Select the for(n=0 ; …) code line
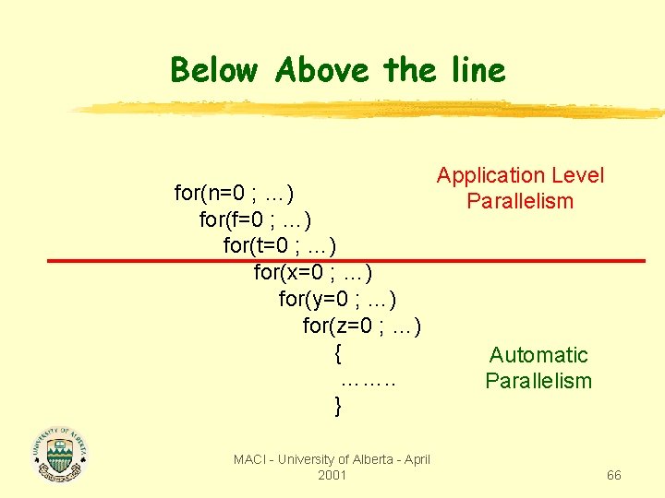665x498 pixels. tap(235, 194)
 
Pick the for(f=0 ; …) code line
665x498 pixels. tap(255, 220)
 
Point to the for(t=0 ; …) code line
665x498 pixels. tap(280, 246)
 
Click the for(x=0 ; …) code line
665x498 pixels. tap(313, 273)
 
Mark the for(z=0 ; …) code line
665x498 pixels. tap(362, 326)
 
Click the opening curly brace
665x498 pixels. tap(339, 352)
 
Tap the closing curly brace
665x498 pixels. tap(339, 405)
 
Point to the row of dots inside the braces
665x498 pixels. tap(369, 379)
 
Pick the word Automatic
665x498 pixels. tap(538, 355)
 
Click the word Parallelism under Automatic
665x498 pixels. tap(538, 381)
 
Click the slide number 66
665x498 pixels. tap(614, 475)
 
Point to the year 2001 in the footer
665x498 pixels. tap(332, 475)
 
